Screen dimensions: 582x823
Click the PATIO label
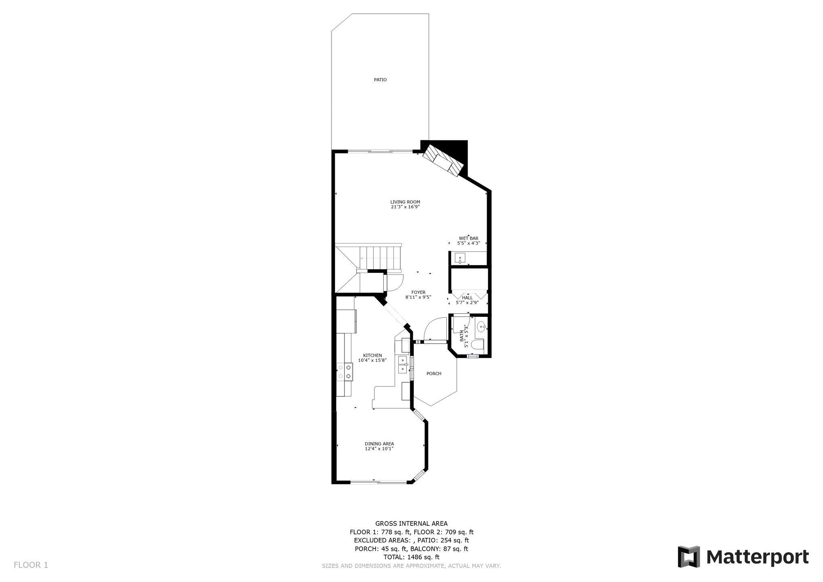(380, 80)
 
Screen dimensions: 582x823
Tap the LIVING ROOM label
(405, 202)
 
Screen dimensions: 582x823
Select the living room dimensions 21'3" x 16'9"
(405, 207)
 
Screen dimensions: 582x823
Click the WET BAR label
(468, 238)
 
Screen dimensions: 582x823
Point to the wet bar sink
(460, 257)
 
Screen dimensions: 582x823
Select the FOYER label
(418, 292)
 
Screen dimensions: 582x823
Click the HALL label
(467, 298)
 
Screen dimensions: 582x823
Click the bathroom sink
(481, 326)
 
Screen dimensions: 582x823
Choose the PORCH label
(434, 373)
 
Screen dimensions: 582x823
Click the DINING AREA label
(379, 444)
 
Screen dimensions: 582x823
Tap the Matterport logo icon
(688, 557)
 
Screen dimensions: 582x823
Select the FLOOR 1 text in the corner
(31, 565)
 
